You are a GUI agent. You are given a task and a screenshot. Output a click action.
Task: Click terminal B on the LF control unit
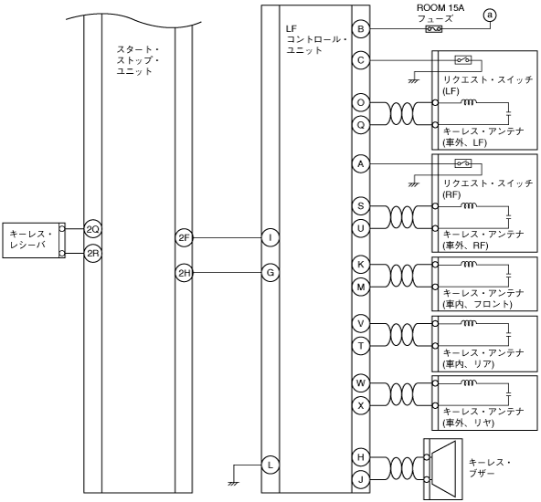(x=361, y=29)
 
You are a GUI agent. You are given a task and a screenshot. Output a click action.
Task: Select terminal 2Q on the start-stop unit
(x=93, y=229)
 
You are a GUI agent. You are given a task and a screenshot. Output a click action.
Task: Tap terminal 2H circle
(x=185, y=273)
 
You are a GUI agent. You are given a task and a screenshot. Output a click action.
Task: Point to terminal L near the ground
(x=270, y=465)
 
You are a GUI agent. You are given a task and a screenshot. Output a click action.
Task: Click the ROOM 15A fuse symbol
(x=434, y=29)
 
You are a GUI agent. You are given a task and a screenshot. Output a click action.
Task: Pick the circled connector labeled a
(x=490, y=16)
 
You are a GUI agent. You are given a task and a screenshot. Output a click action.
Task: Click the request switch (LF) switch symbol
(x=463, y=60)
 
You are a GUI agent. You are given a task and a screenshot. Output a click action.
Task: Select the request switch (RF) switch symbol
(x=463, y=163)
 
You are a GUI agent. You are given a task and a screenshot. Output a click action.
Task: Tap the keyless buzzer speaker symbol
(x=444, y=468)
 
